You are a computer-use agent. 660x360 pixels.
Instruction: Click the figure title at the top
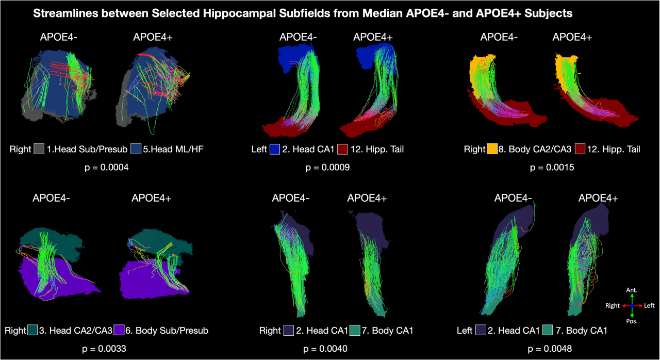click(303, 14)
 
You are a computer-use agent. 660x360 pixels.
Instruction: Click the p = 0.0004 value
click(107, 168)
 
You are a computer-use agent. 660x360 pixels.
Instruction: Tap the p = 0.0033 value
click(105, 349)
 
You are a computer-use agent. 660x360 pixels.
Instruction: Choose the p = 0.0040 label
click(325, 349)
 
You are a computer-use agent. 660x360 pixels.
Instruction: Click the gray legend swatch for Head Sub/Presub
click(39, 150)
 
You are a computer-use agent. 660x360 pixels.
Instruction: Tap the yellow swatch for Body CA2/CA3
click(493, 150)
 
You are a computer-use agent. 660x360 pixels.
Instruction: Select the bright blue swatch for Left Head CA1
click(274, 150)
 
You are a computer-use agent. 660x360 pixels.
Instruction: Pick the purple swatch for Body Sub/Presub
click(120, 330)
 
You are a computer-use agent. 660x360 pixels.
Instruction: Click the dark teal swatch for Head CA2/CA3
click(32, 330)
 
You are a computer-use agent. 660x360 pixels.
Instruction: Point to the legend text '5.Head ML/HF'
click(168, 150)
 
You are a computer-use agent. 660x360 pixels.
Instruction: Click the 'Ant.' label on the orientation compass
click(632, 290)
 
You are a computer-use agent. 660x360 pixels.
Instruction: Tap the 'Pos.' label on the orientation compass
click(632, 321)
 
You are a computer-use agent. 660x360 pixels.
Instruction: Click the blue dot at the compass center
click(632, 306)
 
